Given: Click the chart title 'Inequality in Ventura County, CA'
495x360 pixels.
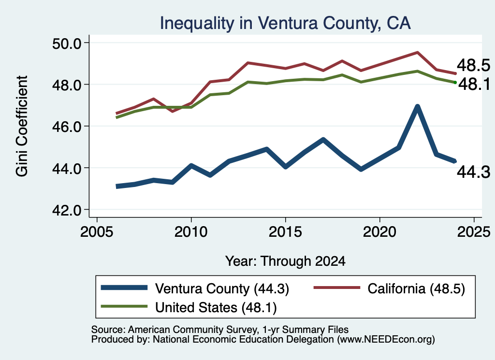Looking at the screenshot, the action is click(285, 23).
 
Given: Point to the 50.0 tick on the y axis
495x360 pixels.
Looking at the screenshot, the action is click(67, 43).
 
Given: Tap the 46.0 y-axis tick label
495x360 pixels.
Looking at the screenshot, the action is click(67, 127).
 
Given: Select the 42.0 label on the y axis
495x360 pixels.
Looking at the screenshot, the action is click(67, 210).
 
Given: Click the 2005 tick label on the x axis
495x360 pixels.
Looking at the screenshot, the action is click(97, 232).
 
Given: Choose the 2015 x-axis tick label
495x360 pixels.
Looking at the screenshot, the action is click(285, 232).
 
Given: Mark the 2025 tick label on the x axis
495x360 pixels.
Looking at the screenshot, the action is click(474, 232).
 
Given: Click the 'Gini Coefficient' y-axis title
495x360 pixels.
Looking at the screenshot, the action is click(22, 126).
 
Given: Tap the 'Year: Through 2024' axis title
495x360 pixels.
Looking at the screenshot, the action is click(285, 261).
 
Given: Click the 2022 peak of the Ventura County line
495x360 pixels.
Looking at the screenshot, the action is click(417, 107).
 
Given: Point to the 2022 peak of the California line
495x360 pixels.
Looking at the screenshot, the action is click(417, 52).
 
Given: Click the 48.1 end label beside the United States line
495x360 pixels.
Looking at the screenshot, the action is click(474, 84).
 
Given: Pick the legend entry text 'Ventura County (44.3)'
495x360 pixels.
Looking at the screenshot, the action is click(222, 288).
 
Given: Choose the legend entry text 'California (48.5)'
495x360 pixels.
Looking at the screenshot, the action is click(416, 288).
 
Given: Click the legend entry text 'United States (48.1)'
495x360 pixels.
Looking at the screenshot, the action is click(216, 308).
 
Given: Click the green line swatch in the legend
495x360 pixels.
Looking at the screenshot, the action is click(124, 306).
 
